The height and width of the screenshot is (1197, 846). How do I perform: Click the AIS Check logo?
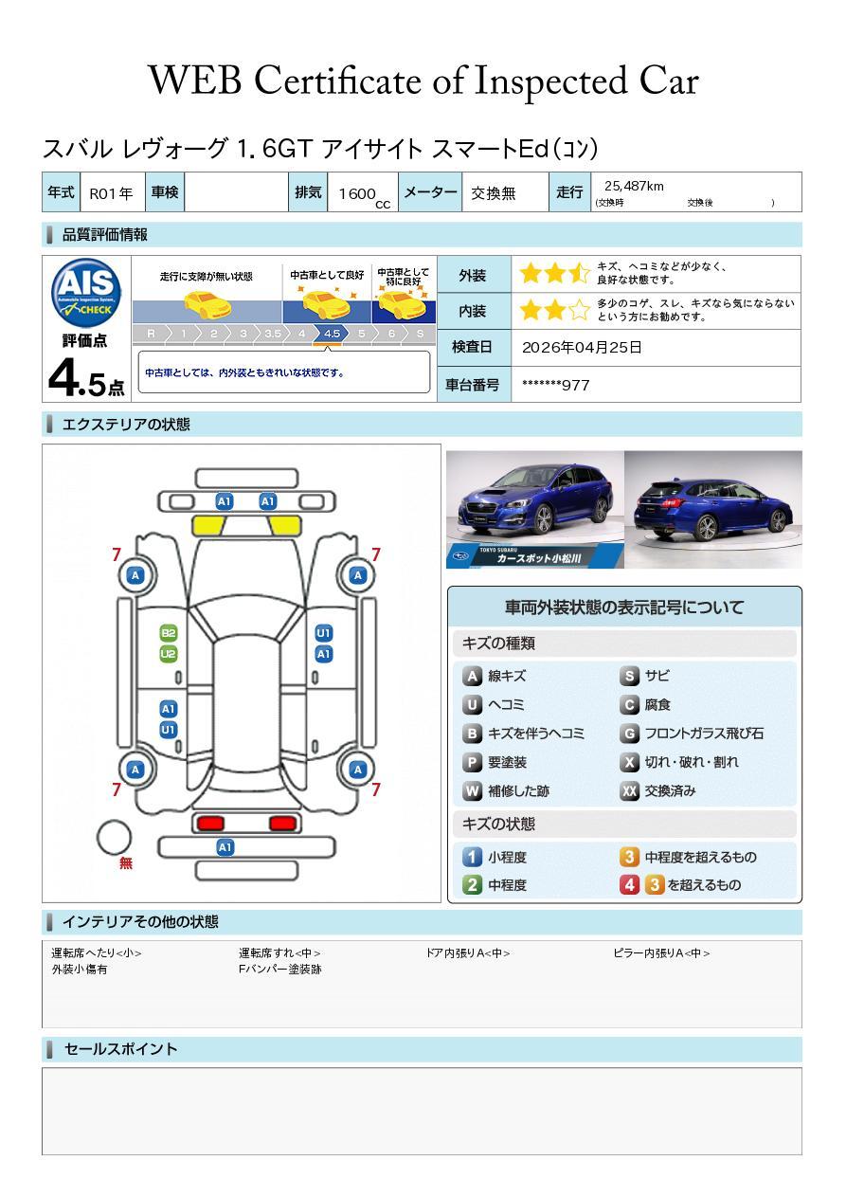[86, 293]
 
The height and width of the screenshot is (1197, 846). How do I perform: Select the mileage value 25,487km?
[634, 187]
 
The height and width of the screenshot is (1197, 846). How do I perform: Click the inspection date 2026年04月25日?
[582, 348]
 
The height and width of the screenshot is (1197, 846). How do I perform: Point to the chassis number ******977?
[555, 385]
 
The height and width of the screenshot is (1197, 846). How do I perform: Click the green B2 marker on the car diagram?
[168, 633]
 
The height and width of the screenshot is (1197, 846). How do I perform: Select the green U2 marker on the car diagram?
[168, 654]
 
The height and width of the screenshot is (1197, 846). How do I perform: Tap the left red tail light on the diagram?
[209, 823]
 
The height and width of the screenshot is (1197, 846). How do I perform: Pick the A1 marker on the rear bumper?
[225, 847]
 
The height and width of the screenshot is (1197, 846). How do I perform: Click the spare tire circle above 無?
[115, 837]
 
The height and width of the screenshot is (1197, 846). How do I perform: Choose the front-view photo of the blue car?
[534, 509]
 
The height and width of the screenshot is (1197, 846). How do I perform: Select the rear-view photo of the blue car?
[712, 509]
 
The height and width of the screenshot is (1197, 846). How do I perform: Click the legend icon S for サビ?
[629, 677]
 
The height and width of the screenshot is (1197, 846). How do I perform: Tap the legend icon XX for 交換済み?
[629, 791]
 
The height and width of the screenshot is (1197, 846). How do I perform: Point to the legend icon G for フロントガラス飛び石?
[629, 734]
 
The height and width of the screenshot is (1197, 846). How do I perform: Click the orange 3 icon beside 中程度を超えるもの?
[629, 858]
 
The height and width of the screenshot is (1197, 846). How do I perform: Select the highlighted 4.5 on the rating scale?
[332, 334]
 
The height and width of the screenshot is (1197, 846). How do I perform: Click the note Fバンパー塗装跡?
[279, 970]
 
